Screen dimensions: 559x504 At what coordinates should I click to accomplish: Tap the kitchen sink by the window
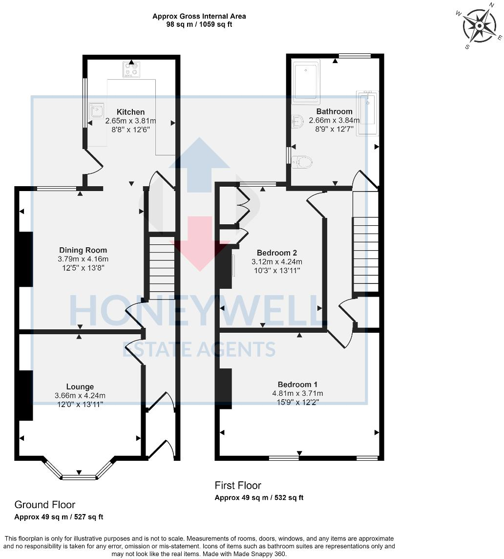(95, 110)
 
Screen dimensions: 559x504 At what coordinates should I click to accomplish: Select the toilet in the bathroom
(303, 161)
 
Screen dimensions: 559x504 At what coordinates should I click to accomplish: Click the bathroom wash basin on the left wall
(296, 121)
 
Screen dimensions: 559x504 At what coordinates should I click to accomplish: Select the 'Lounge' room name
(81, 387)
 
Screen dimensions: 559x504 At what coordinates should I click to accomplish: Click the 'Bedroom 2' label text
(277, 253)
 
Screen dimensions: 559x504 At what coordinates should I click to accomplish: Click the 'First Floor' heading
(238, 485)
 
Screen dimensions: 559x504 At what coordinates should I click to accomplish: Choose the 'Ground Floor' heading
(45, 504)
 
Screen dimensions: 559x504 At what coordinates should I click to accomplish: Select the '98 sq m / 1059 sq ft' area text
(199, 24)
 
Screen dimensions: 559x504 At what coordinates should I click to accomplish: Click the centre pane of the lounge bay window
(79, 476)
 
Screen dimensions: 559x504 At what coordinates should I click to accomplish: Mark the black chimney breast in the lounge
(26, 395)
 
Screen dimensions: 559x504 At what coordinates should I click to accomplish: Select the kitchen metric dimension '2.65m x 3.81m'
(130, 121)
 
